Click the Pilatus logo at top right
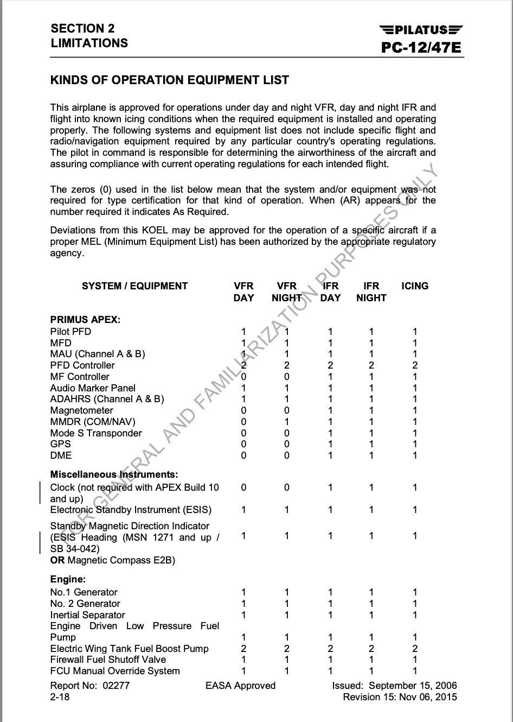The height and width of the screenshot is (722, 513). [x=421, y=30]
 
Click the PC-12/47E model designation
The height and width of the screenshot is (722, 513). [x=421, y=48]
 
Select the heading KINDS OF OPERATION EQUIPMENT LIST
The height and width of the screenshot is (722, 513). [x=169, y=80]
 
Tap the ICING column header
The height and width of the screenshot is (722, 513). [x=415, y=286]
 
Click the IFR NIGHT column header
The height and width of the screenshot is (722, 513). [x=371, y=292]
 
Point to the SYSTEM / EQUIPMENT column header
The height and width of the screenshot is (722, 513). [x=134, y=286]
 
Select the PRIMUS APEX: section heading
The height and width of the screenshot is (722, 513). [x=85, y=320]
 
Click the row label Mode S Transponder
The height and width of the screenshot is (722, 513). [x=96, y=433]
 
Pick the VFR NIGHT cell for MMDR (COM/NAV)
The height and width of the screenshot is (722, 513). [x=287, y=422]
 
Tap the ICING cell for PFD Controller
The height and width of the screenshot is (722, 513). [x=415, y=365]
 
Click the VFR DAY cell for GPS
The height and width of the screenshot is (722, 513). [x=243, y=444]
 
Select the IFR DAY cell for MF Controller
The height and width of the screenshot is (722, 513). [x=330, y=377]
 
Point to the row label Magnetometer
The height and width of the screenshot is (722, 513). [x=81, y=410]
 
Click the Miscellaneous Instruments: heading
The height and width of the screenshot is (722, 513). [x=114, y=474]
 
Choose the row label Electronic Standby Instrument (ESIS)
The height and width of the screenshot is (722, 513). [x=131, y=510]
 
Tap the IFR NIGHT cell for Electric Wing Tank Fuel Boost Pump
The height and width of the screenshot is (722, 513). [x=371, y=649]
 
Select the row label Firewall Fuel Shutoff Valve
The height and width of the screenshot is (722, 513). [x=108, y=660]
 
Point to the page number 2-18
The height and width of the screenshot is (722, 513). [x=60, y=697]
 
